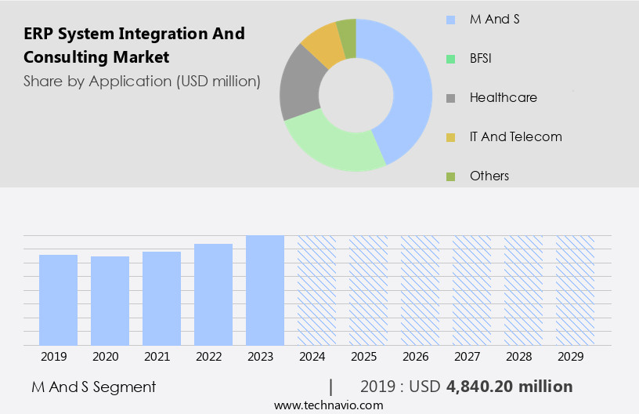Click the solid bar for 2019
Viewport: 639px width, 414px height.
pyautogui.click(x=58, y=300)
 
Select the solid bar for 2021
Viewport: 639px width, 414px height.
pyautogui.click(x=161, y=298)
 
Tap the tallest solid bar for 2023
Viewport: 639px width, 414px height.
pyautogui.click(x=265, y=290)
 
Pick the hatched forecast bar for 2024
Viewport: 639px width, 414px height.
pyautogui.click(x=316, y=290)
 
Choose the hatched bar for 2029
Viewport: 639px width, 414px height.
pyautogui.click(x=575, y=290)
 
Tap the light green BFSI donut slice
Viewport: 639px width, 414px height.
pyautogui.click(x=333, y=145)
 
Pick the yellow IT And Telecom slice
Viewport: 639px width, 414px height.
pyautogui.click(x=323, y=44)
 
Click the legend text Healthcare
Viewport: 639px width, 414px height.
pyautogui.click(x=503, y=98)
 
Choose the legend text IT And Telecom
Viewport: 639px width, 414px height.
pyautogui.click(x=515, y=137)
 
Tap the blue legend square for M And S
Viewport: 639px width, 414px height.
pyautogui.click(x=449, y=20)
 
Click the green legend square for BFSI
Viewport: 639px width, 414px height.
pyautogui.click(x=449, y=59)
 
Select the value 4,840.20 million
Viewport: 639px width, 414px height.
pyautogui.click(x=509, y=387)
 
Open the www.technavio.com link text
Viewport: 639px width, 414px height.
pyautogui.click(x=328, y=405)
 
